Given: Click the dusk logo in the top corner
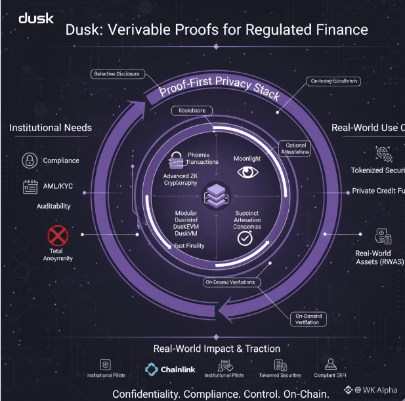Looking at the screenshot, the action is coord(36,17).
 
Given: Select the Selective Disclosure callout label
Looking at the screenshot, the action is coord(116,74).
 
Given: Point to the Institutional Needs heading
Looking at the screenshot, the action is coord(50,127).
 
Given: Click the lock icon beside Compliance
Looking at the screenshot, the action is coord(30,160).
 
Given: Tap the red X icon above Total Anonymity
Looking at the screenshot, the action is coord(58,235).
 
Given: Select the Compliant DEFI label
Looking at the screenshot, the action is coord(330,375).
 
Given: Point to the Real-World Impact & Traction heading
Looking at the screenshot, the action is coord(217,349).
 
